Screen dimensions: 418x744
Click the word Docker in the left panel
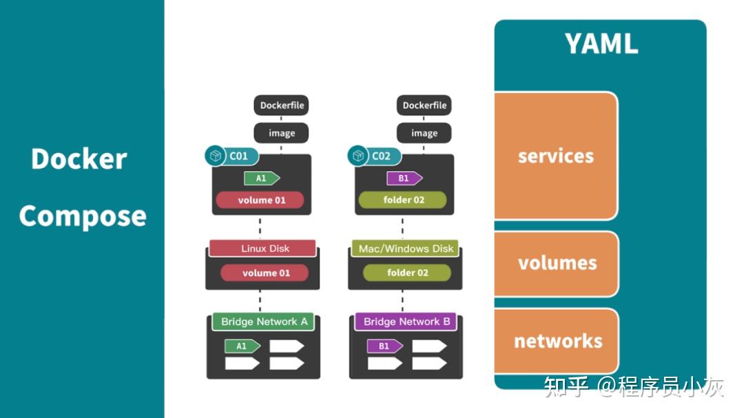[79, 159]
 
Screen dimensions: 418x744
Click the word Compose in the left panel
[83, 216]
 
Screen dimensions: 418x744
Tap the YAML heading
[601, 44]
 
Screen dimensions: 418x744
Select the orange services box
[556, 156]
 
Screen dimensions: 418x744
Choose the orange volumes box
[557, 263]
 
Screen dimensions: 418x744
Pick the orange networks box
[557, 341]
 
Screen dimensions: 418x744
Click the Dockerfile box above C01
[281, 105]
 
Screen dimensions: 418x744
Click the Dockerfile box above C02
[424, 105]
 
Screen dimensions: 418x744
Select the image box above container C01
[281, 133]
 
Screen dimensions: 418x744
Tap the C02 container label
[381, 156]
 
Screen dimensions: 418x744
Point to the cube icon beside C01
[216, 156]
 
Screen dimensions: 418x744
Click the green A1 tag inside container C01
[262, 178]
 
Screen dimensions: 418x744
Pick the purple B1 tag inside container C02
[404, 178]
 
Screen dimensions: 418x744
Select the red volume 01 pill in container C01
[260, 200]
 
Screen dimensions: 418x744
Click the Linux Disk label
[265, 249]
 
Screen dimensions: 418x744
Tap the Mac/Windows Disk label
[406, 249]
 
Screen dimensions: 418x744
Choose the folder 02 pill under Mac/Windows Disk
[407, 273]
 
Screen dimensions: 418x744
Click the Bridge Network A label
[264, 322]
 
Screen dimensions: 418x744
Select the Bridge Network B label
[406, 322]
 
